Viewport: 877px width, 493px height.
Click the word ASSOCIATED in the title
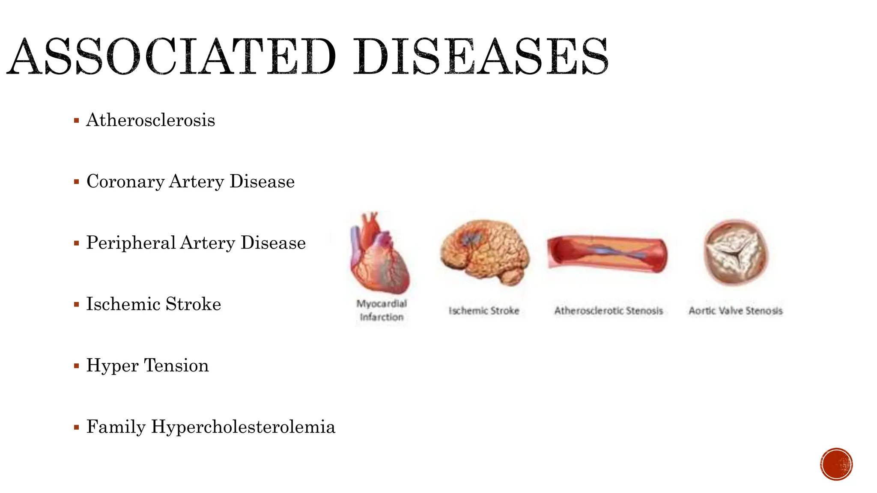[171, 56]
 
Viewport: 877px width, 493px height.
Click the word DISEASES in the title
[480, 56]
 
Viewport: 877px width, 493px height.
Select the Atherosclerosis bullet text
[151, 120]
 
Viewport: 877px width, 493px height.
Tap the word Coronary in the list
[125, 182]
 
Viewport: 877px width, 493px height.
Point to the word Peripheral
[131, 243]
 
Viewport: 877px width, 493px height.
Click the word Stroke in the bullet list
[193, 304]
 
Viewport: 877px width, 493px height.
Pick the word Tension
[176, 366]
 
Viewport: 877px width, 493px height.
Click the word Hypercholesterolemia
[243, 427]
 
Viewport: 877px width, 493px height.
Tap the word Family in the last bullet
[116, 427]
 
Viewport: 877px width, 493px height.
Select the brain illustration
[485, 252]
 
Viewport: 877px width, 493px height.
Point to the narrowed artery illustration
[607, 254]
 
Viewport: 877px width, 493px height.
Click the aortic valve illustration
[736, 252]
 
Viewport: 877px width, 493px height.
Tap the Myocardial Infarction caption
[382, 310]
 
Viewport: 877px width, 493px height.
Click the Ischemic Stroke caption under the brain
[484, 311]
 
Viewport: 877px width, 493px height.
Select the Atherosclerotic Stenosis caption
[609, 311]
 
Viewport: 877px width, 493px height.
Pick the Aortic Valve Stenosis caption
[735, 311]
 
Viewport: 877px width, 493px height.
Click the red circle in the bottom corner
[836, 464]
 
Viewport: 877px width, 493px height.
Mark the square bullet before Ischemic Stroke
[77, 305]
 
